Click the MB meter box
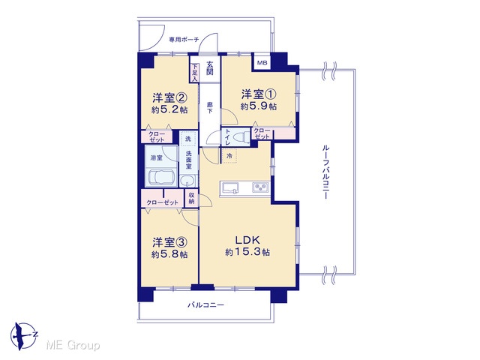(262, 63)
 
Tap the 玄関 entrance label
(210, 68)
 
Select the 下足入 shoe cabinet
(194, 73)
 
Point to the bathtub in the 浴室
(161, 178)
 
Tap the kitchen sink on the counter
(230, 187)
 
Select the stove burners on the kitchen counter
(260, 187)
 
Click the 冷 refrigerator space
(229, 155)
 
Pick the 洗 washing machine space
(188, 139)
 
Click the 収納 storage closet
(192, 198)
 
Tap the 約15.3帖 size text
(247, 252)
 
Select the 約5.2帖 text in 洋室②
(169, 110)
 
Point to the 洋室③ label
(169, 242)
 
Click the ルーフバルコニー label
(325, 172)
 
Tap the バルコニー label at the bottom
(205, 305)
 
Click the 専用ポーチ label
(184, 40)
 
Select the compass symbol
(24, 336)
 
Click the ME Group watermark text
(73, 345)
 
